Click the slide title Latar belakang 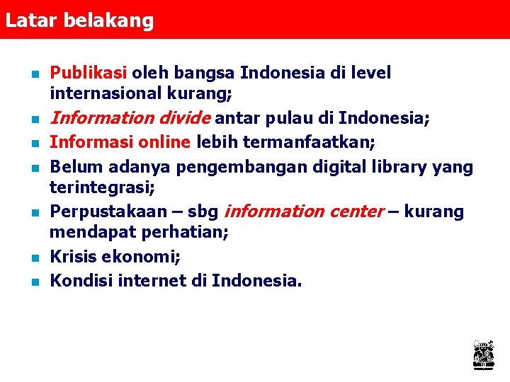coord(79,21)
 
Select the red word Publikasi coord(89,73)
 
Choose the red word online coord(162,142)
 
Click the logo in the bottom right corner coord(483,354)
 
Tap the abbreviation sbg coord(202,212)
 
